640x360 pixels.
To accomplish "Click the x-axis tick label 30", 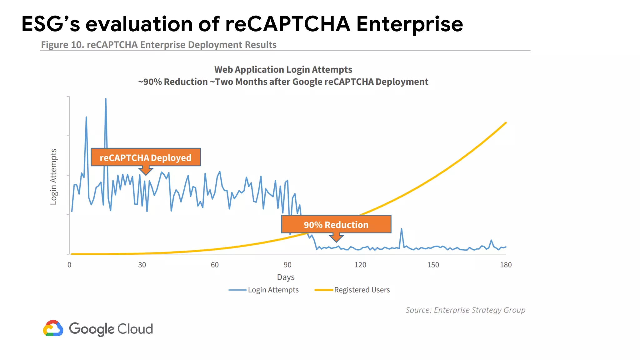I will click(142, 265).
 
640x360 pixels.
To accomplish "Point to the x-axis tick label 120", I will click(360, 265).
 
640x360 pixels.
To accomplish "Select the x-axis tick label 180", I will click(506, 265).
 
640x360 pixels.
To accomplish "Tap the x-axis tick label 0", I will click(69, 265).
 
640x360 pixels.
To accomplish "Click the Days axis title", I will click(286, 277).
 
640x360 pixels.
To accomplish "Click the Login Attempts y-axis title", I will click(53, 177).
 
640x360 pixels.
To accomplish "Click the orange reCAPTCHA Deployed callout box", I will click(146, 157).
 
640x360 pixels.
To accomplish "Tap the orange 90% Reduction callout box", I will click(336, 224).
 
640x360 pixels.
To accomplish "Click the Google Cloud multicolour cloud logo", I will click(53, 328).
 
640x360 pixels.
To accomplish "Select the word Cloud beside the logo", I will click(135, 329).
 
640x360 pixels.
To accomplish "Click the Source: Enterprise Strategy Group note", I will click(465, 310).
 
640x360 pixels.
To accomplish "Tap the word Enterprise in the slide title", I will click(409, 24).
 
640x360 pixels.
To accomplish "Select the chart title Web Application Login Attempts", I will click(283, 69).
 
